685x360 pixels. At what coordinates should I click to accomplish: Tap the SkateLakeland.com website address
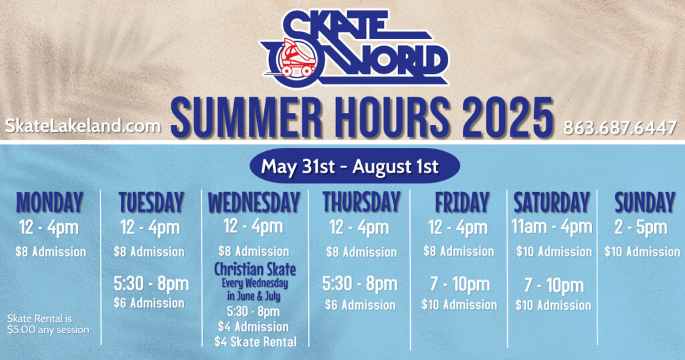(x=83, y=126)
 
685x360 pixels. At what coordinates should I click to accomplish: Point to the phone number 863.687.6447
(x=620, y=128)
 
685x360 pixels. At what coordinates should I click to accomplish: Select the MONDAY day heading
(x=50, y=203)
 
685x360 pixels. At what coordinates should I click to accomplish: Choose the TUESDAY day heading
(x=151, y=203)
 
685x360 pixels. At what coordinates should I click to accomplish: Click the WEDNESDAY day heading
(x=254, y=203)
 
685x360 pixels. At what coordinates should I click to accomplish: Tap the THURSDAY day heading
(x=362, y=202)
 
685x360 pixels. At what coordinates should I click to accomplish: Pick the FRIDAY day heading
(x=462, y=203)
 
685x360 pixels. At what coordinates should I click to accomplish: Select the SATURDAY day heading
(x=552, y=203)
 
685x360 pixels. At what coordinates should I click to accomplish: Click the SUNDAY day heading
(x=645, y=203)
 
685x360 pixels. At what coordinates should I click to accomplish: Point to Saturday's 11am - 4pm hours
(x=552, y=227)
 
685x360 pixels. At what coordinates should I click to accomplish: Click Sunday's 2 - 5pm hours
(x=641, y=228)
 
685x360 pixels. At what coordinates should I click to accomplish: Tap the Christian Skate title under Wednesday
(x=255, y=269)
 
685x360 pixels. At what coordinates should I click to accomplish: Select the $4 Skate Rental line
(x=256, y=342)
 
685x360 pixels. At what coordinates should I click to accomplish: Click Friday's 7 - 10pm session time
(x=460, y=284)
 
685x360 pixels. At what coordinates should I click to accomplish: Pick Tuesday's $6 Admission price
(x=149, y=302)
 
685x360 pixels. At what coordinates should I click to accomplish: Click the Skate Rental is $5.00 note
(x=48, y=324)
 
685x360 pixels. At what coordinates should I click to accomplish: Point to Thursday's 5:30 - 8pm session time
(x=360, y=284)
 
